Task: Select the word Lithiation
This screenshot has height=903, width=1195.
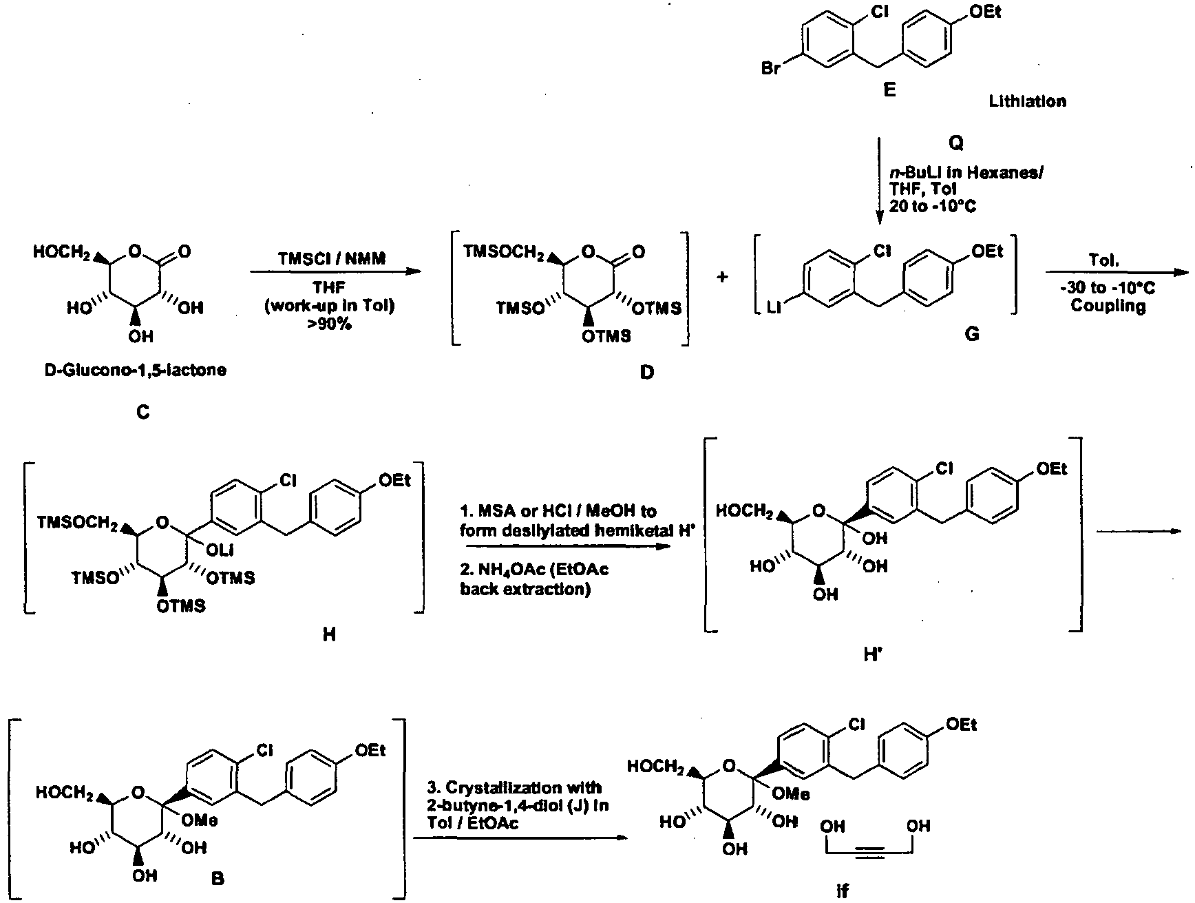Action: (x=1028, y=101)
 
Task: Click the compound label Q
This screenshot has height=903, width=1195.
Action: (x=956, y=143)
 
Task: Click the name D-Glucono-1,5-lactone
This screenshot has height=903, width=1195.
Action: (x=136, y=371)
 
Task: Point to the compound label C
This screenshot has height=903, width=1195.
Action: (x=143, y=413)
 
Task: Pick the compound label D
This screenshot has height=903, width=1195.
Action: (x=647, y=373)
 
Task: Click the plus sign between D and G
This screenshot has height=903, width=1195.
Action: (x=723, y=277)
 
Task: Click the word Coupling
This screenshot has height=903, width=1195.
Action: (x=1108, y=306)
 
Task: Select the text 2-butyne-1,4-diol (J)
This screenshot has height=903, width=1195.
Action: (x=512, y=805)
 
